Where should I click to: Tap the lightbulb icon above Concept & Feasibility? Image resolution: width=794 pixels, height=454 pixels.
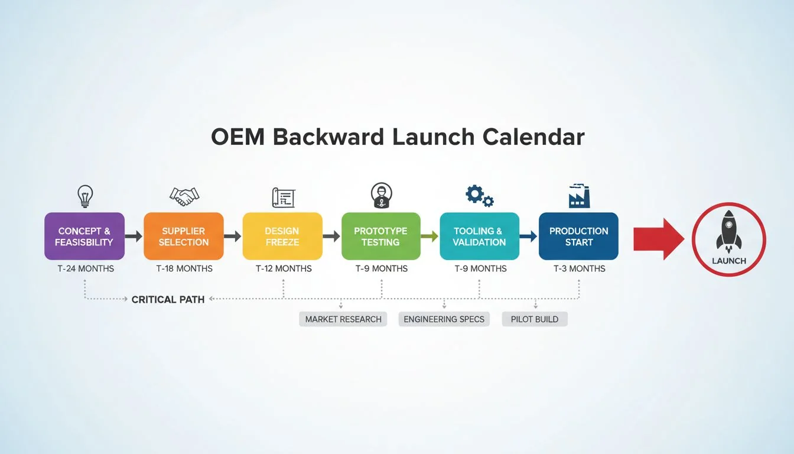[x=85, y=195]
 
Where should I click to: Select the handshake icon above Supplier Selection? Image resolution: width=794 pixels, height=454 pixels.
[x=184, y=196]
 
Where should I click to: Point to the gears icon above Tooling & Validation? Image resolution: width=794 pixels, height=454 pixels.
[x=479, y=196]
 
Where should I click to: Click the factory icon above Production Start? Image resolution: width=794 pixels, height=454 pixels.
[x=579, y=196]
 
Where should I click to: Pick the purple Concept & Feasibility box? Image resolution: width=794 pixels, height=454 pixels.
[x=84, y=236]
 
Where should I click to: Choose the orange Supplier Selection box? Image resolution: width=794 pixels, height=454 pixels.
[x=184, y=236]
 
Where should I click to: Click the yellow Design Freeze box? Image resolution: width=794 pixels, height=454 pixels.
[x=282, y=236]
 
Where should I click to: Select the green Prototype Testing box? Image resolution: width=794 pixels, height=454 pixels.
[x=381, y=236]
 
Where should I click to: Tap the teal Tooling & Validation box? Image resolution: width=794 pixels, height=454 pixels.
[x=479, y=236]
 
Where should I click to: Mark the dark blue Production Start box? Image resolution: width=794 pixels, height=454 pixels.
[x=578, y=236]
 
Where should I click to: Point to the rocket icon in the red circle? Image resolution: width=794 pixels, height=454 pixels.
[x=728, y=231]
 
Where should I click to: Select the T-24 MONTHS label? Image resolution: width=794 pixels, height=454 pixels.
[x=84, y=268]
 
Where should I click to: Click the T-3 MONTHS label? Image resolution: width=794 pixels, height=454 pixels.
[x=579, y=268]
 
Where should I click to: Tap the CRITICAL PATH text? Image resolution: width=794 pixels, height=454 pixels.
[x=168, y=300]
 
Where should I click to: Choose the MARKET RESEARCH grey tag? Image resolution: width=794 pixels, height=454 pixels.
[x=343, y=319]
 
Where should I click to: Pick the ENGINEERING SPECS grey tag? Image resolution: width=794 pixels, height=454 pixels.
[x=444, y=319]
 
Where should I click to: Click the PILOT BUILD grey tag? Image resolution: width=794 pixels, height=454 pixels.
[x=535, y=319]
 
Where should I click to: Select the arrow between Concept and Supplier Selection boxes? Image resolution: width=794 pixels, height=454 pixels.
[x=134, y=236]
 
